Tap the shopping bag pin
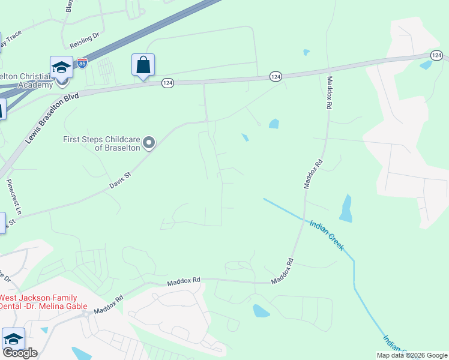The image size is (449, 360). click(x=143, y=65)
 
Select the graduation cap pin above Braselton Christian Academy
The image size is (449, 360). click(x=61, y=67)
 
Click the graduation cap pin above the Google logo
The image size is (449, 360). click(x=13, y=338)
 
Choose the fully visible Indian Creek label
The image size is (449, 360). click(x=327, y=235)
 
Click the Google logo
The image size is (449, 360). click(x=20, y=353)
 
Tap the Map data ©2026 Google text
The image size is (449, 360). click(x=411, y=355)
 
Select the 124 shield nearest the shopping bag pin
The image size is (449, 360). click(x=167, y=83)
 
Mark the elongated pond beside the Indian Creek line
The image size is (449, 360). click(x=346, y=208)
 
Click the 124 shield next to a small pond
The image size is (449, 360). click(x=436, y=55)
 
